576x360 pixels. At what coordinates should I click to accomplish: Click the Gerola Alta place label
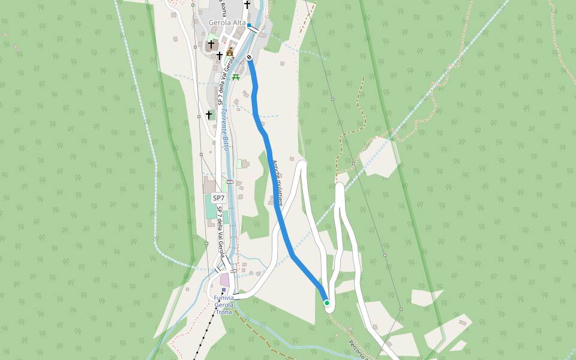tap(226, 23)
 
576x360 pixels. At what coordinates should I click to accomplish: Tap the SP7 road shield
tap(218, 198)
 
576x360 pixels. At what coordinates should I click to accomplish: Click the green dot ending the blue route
tap(327, 303)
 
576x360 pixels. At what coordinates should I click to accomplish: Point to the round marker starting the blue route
tap(249, 58)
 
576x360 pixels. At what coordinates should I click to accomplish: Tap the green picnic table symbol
tap(235, 77)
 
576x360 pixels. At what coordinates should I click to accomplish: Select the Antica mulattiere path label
tap(276, 180)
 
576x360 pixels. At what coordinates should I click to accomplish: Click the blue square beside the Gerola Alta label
tap(249, 25)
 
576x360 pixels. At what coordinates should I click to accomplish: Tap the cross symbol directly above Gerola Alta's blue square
tap(247, 5)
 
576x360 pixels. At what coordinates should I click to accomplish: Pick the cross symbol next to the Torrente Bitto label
tap(209, 115)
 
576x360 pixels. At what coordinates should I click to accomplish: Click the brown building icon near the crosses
tap(230, 51)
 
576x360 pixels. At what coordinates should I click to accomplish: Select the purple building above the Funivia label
tap(225, 280)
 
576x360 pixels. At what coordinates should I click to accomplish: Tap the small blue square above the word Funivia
tap(224, 289)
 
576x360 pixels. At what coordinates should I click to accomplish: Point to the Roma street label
tap(223, 8)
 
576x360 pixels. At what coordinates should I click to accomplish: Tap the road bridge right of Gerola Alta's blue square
tap(255, 29)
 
